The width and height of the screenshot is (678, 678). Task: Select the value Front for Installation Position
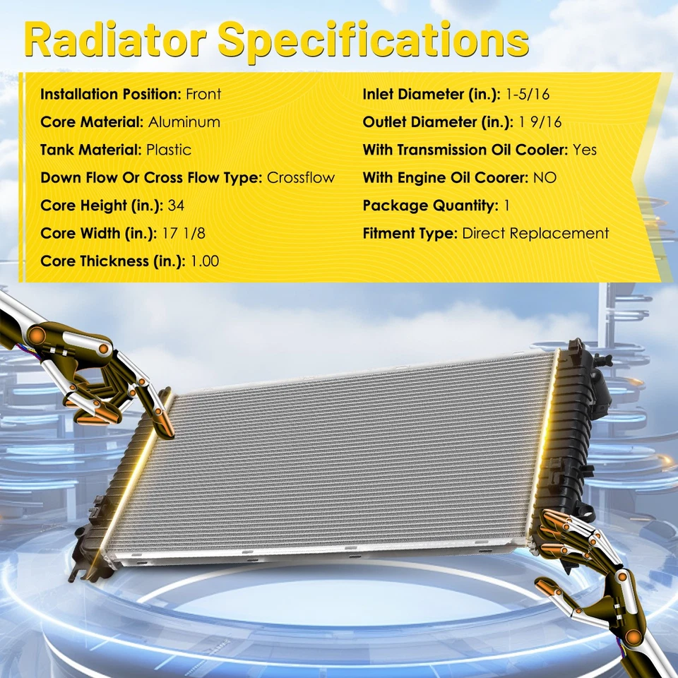click(203, 94)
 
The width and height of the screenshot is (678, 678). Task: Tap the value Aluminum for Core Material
click(184, 121)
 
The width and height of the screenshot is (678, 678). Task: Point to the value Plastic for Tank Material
click(168, 150)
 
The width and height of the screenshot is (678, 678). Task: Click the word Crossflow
click(301, 177)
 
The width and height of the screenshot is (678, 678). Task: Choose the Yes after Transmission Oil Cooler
click(585, 150)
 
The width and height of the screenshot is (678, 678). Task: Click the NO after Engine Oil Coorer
click(545, 177)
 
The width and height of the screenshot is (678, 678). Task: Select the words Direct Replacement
click(535, 233)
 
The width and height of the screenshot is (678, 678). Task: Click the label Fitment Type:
click(410, 233)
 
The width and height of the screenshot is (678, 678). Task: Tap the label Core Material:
click(92, 121)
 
